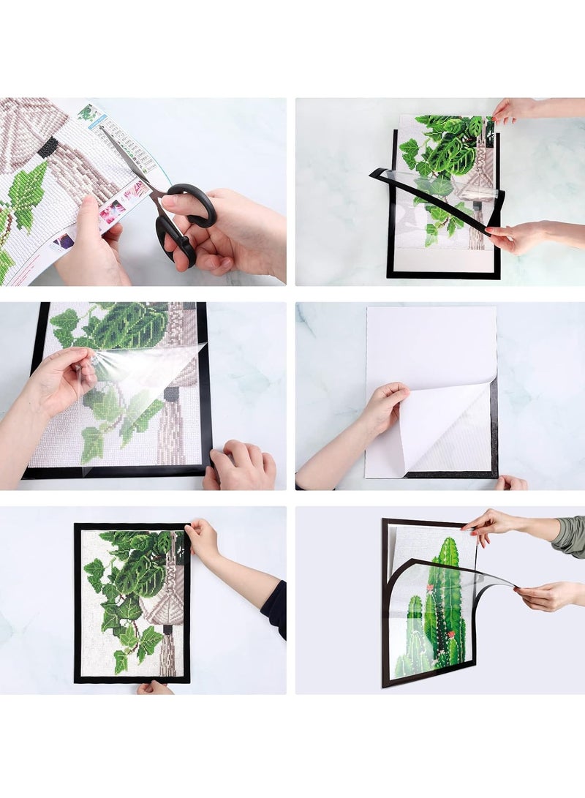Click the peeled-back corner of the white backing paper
point(446,424)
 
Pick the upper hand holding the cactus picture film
point(497,524)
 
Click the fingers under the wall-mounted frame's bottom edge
point(154,687)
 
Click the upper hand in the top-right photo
point(516,110)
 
